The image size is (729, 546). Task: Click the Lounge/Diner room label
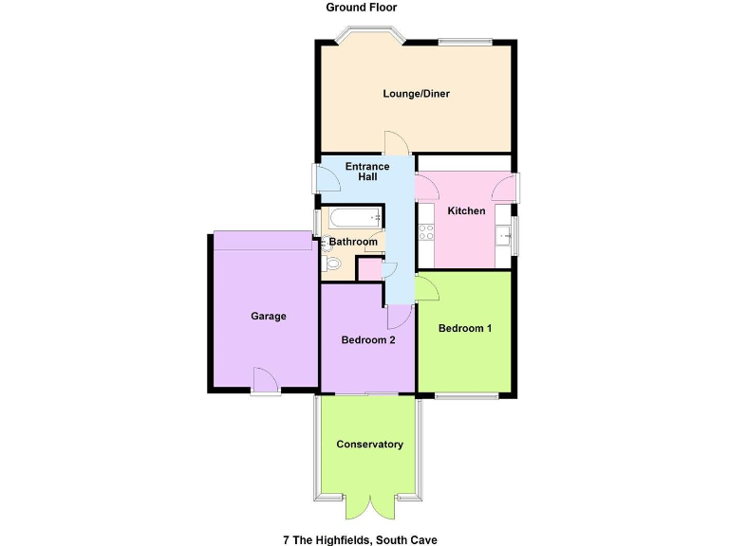pos(416,94)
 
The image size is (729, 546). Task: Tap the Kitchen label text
pos(466,210)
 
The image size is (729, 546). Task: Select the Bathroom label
pos(353,242)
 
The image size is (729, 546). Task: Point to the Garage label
pos(269,316)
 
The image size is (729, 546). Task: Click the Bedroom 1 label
pos(465,329)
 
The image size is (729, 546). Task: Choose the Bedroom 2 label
pos(368,340)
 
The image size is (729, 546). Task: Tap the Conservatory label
pos(369,444)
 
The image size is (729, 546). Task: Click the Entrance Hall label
pos(367,172)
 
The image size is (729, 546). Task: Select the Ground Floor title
pos(362,8)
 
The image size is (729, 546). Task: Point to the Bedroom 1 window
pos(466,396)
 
